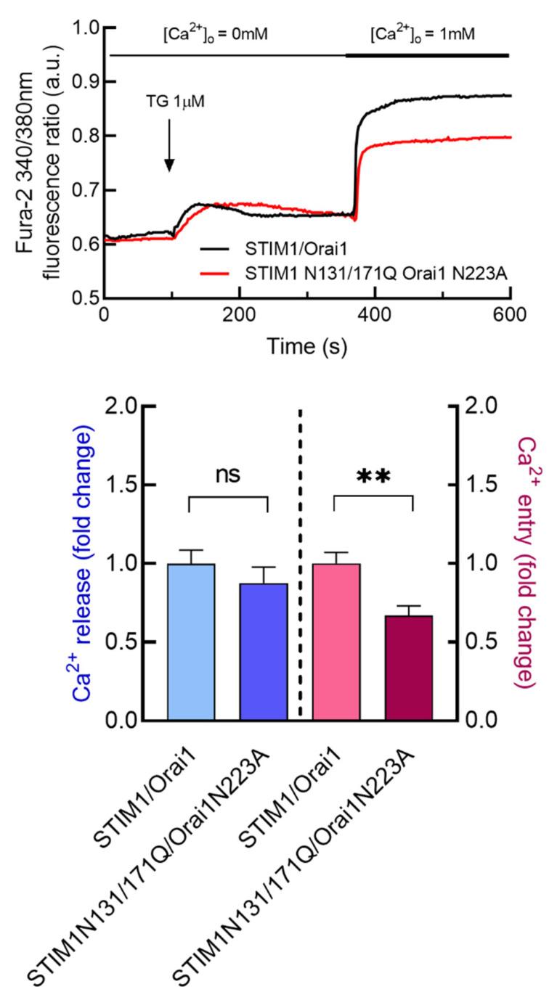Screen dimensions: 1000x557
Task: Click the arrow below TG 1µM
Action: coord(168,146)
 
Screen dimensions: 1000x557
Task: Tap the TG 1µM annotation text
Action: coord(168,101)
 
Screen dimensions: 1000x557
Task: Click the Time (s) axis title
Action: coord(308,346)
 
